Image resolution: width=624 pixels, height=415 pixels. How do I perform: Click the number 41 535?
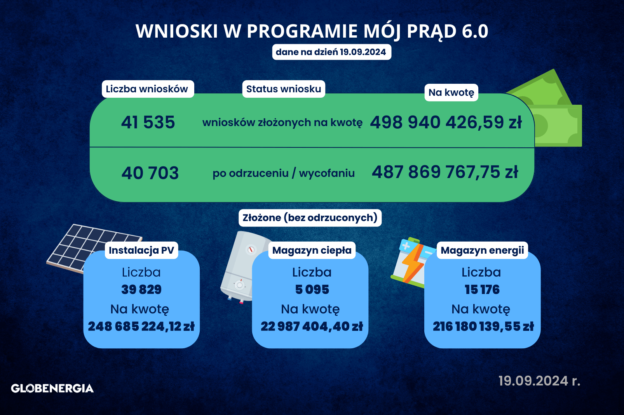[148, 122]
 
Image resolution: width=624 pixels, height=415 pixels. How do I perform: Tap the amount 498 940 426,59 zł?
[446, 122]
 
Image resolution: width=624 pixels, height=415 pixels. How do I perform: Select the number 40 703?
[150, 173]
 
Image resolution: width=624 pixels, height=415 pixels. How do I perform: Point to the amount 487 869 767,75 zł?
[445, 172]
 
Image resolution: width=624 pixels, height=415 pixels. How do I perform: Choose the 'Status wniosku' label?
[284, 89]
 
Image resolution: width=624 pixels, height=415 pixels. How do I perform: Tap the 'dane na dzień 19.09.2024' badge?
[331, 52]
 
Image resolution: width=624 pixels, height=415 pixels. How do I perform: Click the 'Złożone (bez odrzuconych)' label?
[310, 218]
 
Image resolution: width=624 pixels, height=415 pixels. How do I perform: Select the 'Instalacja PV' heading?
[141, 250]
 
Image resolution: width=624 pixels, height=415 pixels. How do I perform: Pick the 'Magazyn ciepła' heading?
[312, 250]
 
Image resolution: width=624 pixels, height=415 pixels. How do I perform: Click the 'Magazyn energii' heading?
[482, 250]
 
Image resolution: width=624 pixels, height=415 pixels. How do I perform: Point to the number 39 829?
[141, 290]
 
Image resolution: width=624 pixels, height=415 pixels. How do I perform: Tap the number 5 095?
[312, 290]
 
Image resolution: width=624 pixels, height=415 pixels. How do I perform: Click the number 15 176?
[482, 290]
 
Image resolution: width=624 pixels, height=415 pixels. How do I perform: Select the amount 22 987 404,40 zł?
[312, 327]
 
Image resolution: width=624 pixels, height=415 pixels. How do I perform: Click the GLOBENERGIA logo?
[52, 388]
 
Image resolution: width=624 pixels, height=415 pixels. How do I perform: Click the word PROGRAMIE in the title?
[302, 31]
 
